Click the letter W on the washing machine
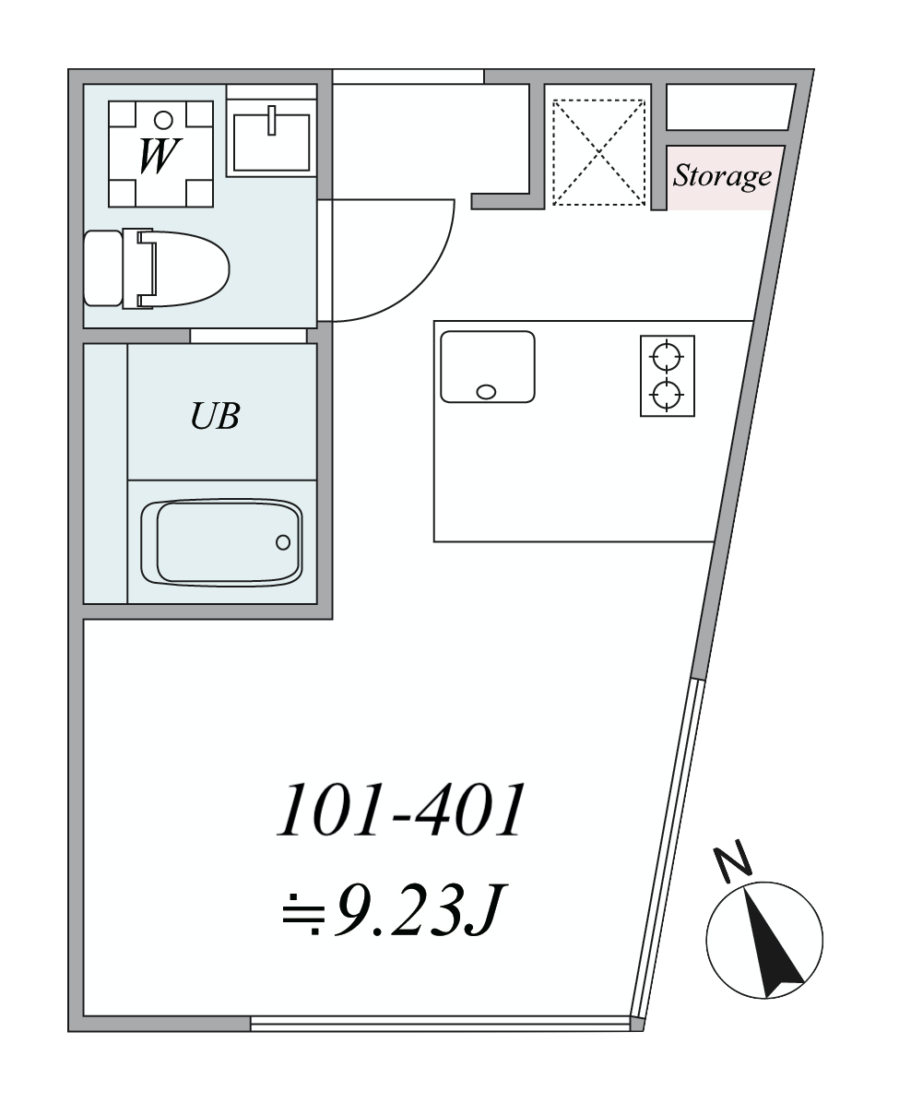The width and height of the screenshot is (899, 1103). pyautogui.click(x=160, y=156)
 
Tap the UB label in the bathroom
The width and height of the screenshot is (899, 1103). pyautogui.click(x=215, y=416)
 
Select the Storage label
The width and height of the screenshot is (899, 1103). pyautogui.click(x=722, y=176)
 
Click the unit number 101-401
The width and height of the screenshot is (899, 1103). pyautogui.click(x=402, y=810)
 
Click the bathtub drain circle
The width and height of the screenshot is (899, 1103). pyautogui.click(x=283, y=541)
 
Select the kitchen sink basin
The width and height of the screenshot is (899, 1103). pyautogui.click(x=488, y=366)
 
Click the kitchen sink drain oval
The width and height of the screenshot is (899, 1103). pyautogui.click(x=486, y=392)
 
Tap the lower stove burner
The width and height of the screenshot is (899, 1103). pyautogui.click(x=667, y=395)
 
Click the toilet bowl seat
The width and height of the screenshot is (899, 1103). pyautogui.click(x=183, y=268)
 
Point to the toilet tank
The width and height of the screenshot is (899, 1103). pyautogui.click(x=102, y=268)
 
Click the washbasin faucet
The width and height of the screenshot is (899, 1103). pyautogui.click(x=271, y=120)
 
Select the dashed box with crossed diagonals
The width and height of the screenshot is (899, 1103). pyautogui.click(x=598, y=152)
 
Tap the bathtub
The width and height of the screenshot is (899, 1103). pyautogui.click(x=221, y=541)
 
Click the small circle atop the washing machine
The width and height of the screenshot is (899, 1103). pyautogui.click(x=163, y=120)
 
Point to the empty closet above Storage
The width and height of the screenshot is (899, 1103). pyautogui.click(x=729, y=107)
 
